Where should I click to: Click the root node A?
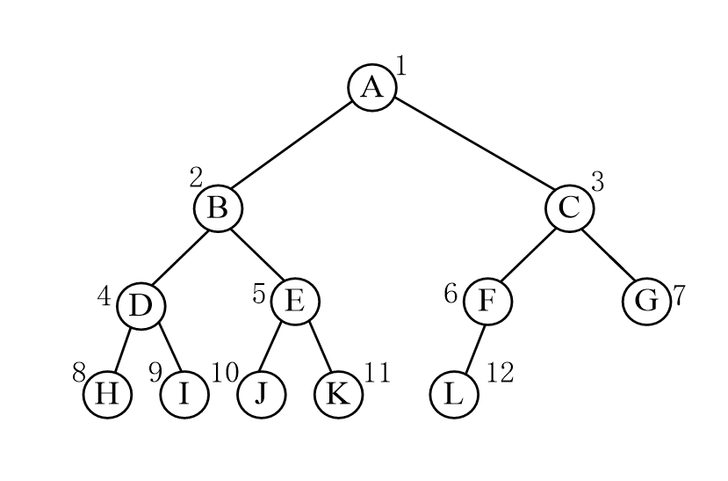(x=372, y=87)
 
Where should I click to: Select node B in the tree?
(x=218, y=208)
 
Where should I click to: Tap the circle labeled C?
(x=570, y=208)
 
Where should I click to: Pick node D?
(x=141, y=306)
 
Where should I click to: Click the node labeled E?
(x=295, y=301)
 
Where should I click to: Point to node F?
(x=488, y=301)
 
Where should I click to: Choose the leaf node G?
(x=646, y=301)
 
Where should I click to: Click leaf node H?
(x=107, y=394)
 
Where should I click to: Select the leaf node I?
(x=184, y=394)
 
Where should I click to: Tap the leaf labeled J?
(x=262, y=394)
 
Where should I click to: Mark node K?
(x=338, y=394)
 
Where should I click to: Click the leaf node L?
(x=454, y=394)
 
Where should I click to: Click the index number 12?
(x=500, y=373)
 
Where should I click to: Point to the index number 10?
(x=225, y=372)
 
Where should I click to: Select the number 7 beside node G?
(x=679, y=295)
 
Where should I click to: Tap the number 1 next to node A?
(x=401, y=66)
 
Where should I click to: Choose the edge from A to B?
(x=291, y=145)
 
